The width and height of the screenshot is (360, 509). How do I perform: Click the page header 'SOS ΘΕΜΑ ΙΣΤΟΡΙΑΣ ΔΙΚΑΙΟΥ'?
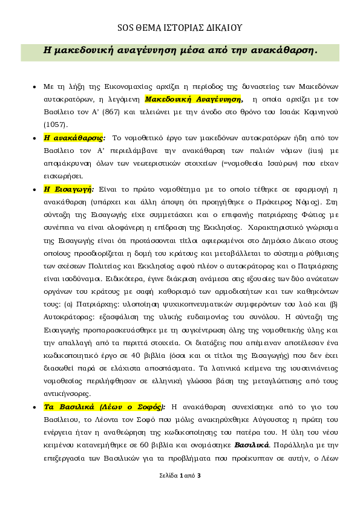pos(180,28)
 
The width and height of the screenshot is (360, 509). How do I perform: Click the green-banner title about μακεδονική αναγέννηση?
pos(180,51)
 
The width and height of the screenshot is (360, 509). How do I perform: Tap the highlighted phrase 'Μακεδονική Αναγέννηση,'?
pos(194,99)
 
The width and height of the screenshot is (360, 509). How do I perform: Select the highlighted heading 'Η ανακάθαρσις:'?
pos(74,138)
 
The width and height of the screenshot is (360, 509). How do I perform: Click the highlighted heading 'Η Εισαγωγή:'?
pos(69,189)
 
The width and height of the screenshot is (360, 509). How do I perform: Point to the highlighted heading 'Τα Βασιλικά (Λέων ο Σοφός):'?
pos(105,407)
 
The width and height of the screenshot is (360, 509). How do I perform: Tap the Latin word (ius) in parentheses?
pos(315,151)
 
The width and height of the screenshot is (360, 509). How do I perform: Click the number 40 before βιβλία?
pos(136,355)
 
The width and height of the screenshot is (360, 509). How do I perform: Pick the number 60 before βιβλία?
pos(144,445)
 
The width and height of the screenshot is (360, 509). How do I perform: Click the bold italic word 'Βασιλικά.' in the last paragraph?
pos(252,445)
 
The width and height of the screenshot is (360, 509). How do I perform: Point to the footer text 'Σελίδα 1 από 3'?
pos(180,476)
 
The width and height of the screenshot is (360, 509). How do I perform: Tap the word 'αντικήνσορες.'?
pos(67,394)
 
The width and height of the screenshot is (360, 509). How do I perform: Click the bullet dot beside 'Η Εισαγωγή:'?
pos(34,190)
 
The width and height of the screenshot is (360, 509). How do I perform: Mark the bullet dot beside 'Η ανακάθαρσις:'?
pos(34,138)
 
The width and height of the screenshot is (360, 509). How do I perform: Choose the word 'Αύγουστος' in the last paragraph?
pos(270,420)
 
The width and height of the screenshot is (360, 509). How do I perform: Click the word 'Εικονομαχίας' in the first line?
pos(128,86)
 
